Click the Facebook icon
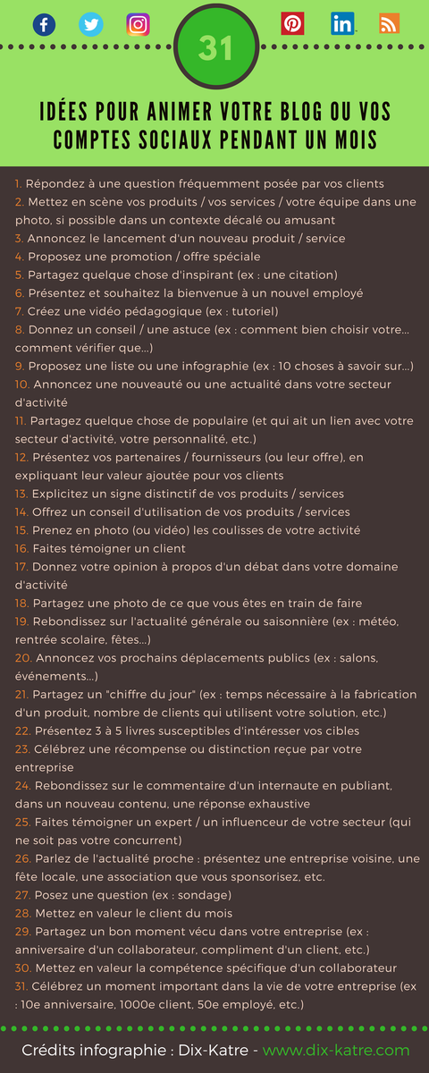pos(44,24)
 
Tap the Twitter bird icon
pos(90,24)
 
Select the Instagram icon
pos(138,24)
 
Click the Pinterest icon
pos(292,24)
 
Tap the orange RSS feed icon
pos(389,24)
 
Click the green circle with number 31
pos(214,48)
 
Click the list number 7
pos(19,311)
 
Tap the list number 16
pos(21,548)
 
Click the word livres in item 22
pos(139,731)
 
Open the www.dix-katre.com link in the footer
pos(336,1050)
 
